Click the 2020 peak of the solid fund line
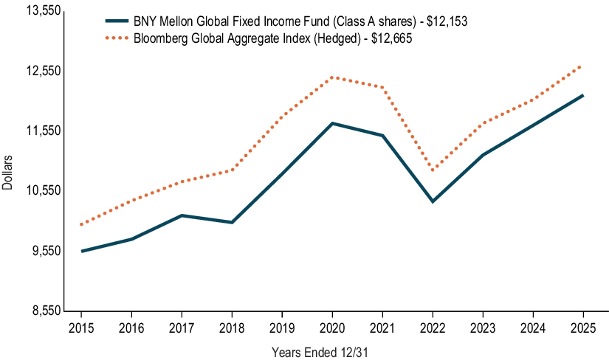[332, 123]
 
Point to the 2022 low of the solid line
[433, 201]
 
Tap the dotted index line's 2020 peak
[332, 77]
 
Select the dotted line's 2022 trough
[433, 170]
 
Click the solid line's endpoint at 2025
[583, 95]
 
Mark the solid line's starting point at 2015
[81, 252]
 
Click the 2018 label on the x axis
[232, 327]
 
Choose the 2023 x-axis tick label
[483, 327]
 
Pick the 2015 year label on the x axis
[81, 327]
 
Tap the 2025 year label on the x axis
[583, 327]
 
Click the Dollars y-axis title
[7, 173]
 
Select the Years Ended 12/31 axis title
[319, 352]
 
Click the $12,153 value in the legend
[447, 23]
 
